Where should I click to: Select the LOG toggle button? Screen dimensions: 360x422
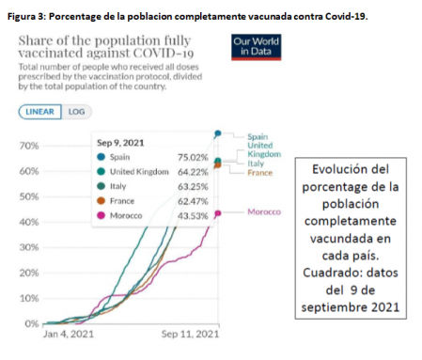[x=74, y=111]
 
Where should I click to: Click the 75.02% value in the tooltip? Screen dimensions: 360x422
[x=189, y=157]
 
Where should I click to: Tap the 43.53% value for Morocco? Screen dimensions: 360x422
[x=189, y=217]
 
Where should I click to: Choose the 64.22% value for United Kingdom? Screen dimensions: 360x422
[x=189, y=172]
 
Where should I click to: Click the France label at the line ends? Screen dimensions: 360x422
[x=259, y=173]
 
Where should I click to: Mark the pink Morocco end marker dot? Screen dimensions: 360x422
[x=218, y=213]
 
